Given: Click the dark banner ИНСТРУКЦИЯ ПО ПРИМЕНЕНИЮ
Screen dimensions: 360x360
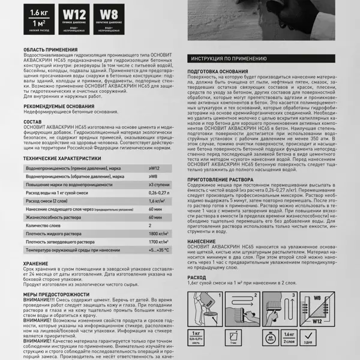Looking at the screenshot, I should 229,59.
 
